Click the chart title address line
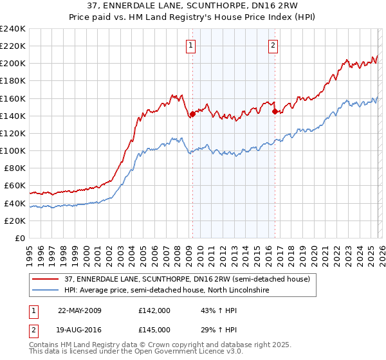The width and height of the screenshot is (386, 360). (193, 6)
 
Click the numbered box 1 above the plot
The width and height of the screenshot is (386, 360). (192, 45)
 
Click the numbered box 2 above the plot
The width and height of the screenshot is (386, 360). (273, 45)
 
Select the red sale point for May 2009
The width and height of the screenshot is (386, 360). (192, 114)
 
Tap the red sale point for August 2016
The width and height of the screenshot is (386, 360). (275, 112)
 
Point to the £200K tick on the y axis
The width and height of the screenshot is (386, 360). (13, 64)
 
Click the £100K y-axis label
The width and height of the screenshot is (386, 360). (13, 150)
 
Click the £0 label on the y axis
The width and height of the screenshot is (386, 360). (19, 238)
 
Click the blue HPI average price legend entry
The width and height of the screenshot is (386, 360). (167, 291)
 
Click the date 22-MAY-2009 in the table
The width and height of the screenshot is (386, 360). (79, 310)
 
